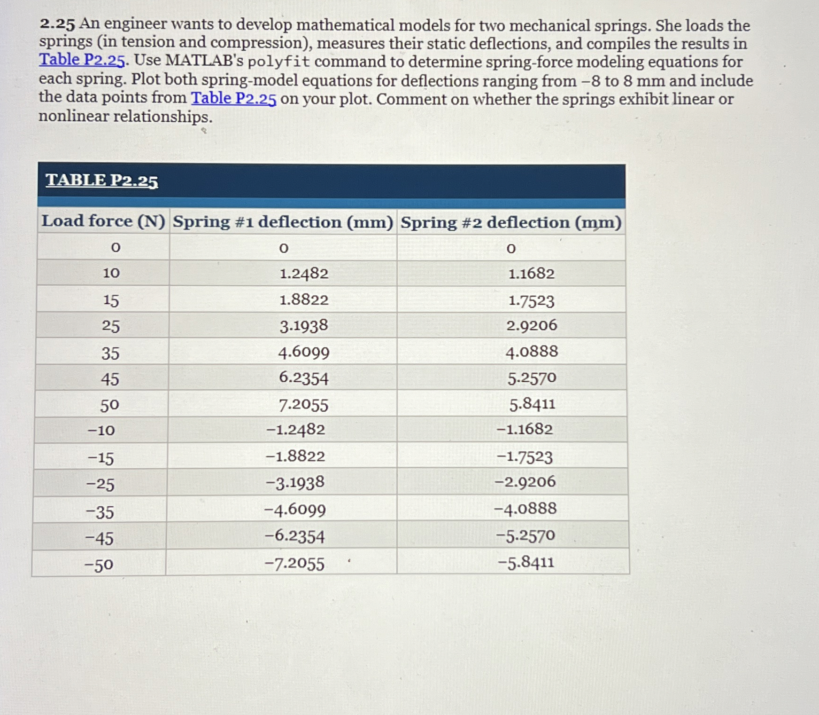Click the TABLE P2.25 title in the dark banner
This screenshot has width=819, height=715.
(102, 181)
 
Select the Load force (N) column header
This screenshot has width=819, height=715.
(103, 221)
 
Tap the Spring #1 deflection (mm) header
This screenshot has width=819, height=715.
(283, 222)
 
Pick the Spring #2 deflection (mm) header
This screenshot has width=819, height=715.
(511, 222)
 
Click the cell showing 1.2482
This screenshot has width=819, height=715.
(304, 274)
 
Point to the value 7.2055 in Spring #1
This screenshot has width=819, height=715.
(303, 405)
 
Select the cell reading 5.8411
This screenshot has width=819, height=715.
(532, 404)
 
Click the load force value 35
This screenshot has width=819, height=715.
(110, 353)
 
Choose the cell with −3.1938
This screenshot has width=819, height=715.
(295, 483)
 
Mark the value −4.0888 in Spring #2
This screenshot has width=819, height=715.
(525, 509)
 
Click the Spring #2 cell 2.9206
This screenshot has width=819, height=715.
(532, 325)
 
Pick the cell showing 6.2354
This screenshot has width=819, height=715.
(303, 378)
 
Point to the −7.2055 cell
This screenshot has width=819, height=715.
(294, 564)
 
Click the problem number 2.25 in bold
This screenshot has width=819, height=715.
(57, 24)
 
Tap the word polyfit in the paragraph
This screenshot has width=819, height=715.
(279, 62)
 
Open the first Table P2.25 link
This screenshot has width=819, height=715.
(82, 60)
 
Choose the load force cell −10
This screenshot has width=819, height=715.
(101, 430)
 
